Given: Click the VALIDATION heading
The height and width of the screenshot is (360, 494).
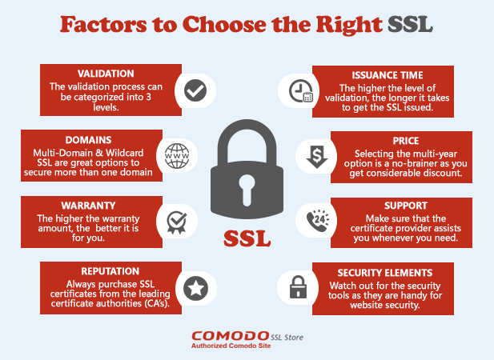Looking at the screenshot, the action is coord(106,74).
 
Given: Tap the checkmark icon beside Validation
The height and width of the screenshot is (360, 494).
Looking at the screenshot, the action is coord(195,90).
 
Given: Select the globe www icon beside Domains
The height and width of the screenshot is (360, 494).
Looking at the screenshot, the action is coord(177,156).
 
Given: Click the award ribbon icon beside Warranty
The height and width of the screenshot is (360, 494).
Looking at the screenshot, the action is coord(177,222).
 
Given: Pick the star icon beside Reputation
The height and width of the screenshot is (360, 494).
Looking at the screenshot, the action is coord(195,288).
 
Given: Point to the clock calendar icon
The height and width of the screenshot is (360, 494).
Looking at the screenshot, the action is coord(301,91).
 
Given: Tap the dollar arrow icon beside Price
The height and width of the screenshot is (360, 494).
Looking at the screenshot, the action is coord(317,157).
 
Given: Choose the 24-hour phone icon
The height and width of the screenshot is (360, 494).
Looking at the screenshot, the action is coord(318,221).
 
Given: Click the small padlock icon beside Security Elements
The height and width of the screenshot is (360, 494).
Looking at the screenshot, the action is coord(298,286).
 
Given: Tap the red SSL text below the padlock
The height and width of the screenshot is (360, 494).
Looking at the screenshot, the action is coord(247,239).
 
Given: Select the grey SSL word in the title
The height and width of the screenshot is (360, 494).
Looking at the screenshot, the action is coord(410,24).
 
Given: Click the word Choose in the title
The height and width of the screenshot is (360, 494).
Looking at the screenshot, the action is coord(224,24).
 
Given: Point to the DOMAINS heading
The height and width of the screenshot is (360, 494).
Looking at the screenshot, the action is coord(89,140).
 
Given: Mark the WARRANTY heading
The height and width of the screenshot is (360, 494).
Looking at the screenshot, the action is coord(89,206).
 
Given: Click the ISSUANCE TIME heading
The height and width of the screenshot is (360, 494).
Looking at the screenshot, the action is coord(388,75).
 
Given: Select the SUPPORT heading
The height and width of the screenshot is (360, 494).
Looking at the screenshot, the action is coord(406,206).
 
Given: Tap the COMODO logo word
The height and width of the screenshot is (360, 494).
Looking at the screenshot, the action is coord(230,336).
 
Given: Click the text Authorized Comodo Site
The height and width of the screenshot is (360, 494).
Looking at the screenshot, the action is coord(231,346).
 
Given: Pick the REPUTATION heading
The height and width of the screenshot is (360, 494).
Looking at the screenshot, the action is coord(110,271).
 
